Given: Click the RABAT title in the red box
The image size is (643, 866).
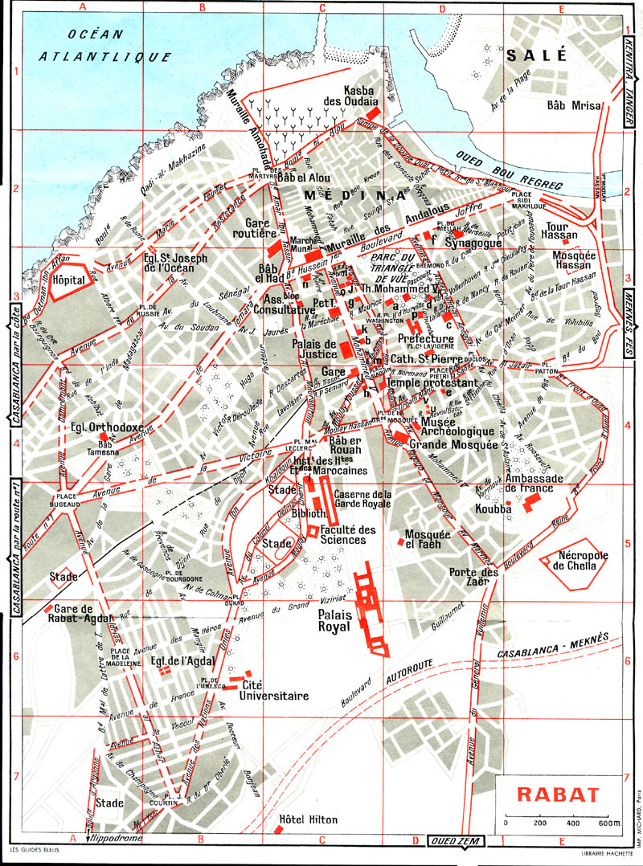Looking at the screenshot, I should pyautogui.click(x=558, y=795).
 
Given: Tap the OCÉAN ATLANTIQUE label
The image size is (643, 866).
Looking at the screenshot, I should pyautogui.click(x=106, y=45).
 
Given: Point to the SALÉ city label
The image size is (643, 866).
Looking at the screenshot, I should pyautogui.click(x=537, y=55).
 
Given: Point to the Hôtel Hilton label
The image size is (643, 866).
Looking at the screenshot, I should pyautogui.click(x=308, y=820).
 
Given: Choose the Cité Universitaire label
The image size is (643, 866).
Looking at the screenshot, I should pyautogui.click(x=276, y=692).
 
